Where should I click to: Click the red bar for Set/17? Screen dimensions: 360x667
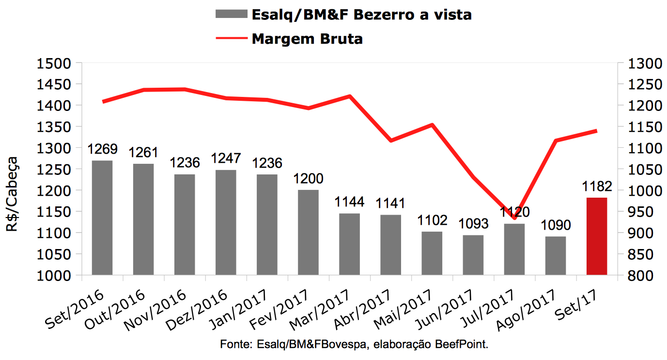(x=596, y=236)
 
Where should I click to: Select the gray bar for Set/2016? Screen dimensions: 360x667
(x=102, y=218)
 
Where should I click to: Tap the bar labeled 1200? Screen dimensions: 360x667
(x=308, y=233)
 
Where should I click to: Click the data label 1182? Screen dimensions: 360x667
(x=596, y=187)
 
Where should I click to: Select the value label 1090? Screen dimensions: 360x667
(x=555, y=225)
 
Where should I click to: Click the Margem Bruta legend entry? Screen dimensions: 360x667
(x=307, y=39)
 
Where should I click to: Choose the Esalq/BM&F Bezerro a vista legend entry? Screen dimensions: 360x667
(x=361, y=15)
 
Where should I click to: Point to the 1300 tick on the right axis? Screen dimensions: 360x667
(x=641, y=63)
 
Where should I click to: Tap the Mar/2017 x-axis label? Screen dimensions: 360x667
(x=321, y=309)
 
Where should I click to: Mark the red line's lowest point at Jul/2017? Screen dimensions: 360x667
(x=514, y=218)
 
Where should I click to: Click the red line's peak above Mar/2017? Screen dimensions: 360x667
(x=349, y=96)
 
